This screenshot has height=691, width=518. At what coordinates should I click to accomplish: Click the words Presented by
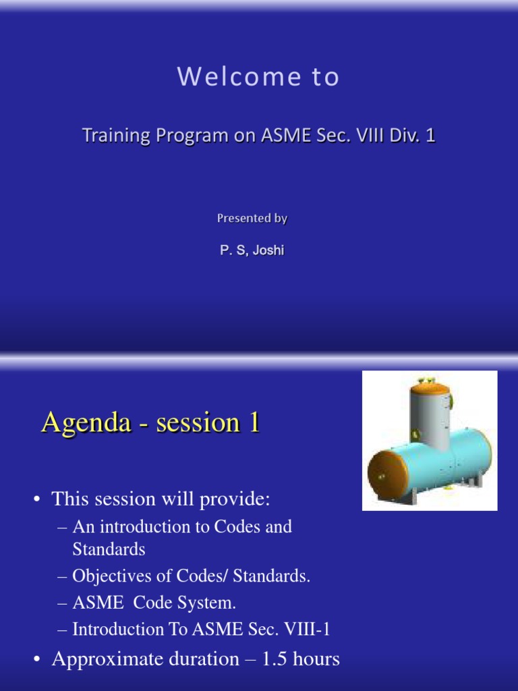pyautogui.click(x=252, y=218)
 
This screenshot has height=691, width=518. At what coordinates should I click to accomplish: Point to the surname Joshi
pyautogui.click(x=268, y=250)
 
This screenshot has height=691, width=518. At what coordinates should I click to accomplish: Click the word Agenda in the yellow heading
pyautogui.click(x=86, y=422)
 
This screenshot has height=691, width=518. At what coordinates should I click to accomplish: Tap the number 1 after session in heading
pyautogui.click(x=254, y=422)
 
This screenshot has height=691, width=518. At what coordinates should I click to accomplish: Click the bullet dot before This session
pyautogui.click(x=37, y=499)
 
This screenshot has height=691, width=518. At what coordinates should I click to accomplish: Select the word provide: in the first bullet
pyautogui.click(x=234, y=499)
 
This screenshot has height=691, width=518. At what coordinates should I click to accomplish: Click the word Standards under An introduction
pyautogui.click(x=109, y=549)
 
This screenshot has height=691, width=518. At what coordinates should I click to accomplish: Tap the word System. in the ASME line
pyautogui.click(x=206, y=603)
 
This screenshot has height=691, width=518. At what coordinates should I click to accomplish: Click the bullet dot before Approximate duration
pyautogui.click(x=37, y=659)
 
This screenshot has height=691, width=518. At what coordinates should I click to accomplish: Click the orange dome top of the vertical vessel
pyautogui.click(x=430, y=388)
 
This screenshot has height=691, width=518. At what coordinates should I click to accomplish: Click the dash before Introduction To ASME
pyautogui.click(x=62, y=630)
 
